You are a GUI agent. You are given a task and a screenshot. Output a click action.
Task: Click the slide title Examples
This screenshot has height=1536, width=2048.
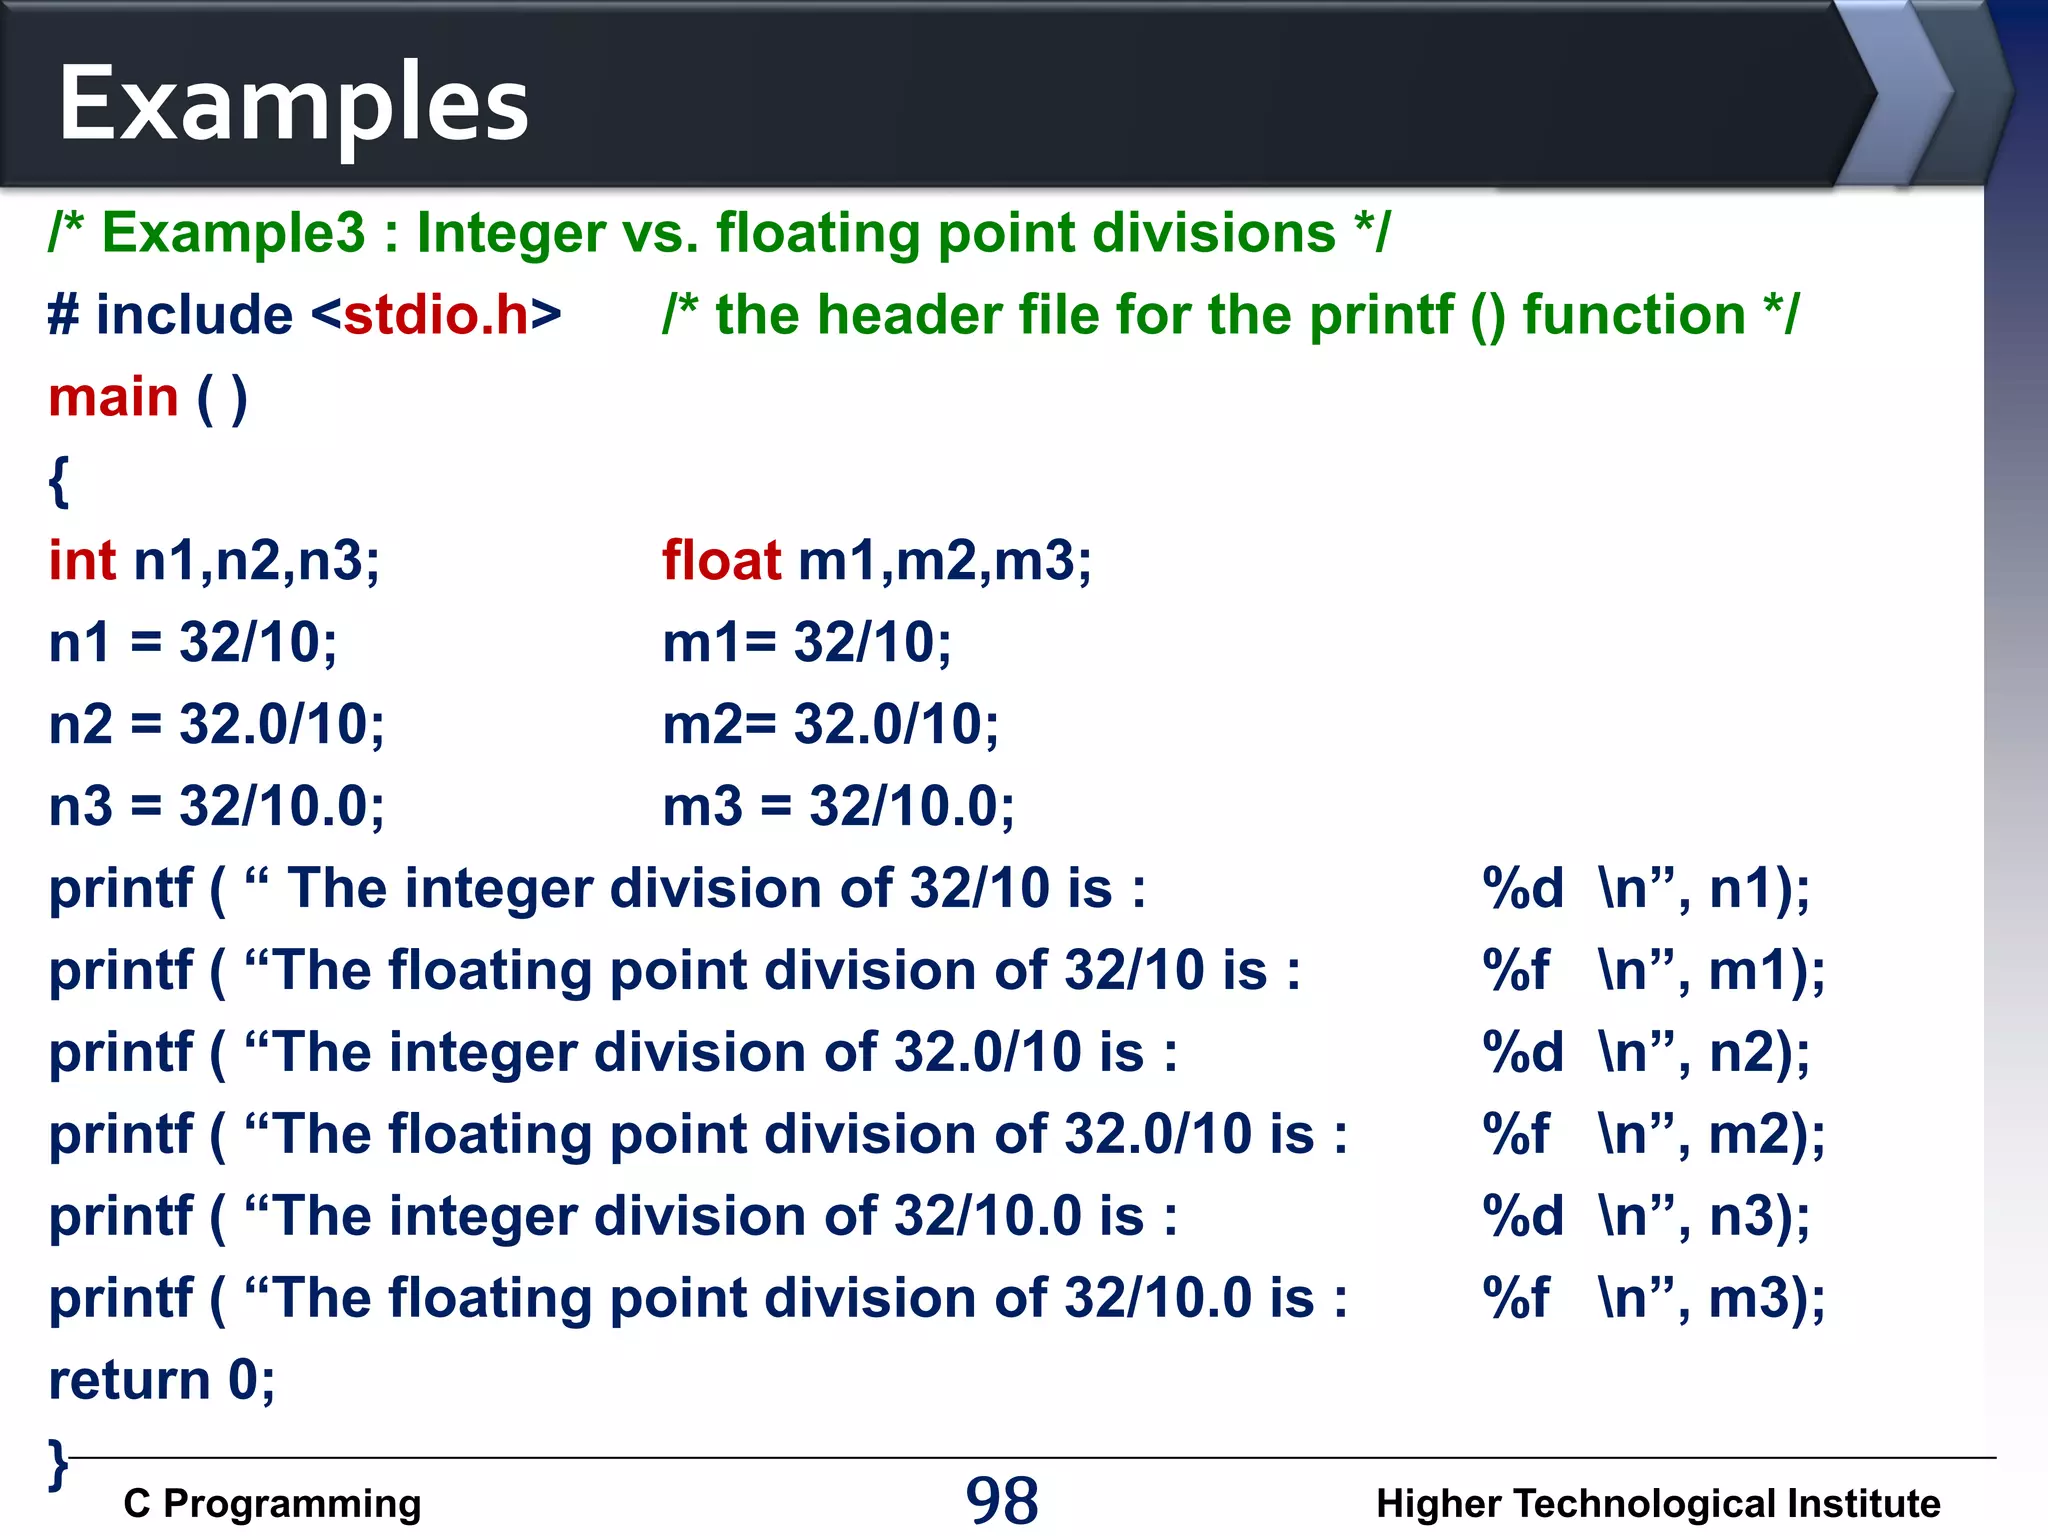click(292, 103)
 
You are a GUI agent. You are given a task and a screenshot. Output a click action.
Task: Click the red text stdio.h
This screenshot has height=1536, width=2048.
click(436, 315)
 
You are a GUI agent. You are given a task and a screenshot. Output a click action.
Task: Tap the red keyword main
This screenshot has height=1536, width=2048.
click(113, 397)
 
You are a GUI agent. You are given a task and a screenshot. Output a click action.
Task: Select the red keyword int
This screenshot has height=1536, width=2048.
click(82, 560)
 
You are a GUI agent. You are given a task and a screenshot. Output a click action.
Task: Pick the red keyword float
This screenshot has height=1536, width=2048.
click(721, 560)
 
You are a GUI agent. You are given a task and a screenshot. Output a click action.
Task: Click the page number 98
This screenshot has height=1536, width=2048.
click(1002, 1501)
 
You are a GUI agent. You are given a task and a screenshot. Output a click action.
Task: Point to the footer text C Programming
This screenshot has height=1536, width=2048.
click(272, 1503)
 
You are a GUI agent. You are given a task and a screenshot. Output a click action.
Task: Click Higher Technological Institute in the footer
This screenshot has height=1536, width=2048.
click(1657, 1503)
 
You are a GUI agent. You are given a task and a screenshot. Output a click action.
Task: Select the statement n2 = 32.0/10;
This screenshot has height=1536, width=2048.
click(216, 724)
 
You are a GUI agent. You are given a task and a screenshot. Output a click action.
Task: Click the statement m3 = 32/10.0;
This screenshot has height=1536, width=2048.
click(838, 806)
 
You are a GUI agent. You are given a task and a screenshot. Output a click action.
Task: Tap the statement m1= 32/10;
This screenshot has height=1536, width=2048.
click(806, 642)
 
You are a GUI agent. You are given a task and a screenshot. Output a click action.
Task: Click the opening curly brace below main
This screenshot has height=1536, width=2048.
click(59, 481)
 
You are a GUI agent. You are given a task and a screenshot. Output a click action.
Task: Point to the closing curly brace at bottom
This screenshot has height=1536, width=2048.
click(58, 1465)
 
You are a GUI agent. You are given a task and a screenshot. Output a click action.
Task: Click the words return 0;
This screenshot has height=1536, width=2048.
click(162, 1380)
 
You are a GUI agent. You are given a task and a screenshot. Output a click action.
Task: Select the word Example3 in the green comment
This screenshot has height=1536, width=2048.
click(234, 233)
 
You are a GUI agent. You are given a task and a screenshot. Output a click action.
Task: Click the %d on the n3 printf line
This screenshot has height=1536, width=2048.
click(1522, 1216)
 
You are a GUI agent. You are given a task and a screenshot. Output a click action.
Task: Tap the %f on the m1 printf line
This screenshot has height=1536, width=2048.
click(1515, 970)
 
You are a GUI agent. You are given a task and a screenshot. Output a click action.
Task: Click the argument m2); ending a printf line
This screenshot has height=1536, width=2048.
click(1766, 1134)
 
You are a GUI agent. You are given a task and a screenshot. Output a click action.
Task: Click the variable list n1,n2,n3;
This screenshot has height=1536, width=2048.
click(256, 560)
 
